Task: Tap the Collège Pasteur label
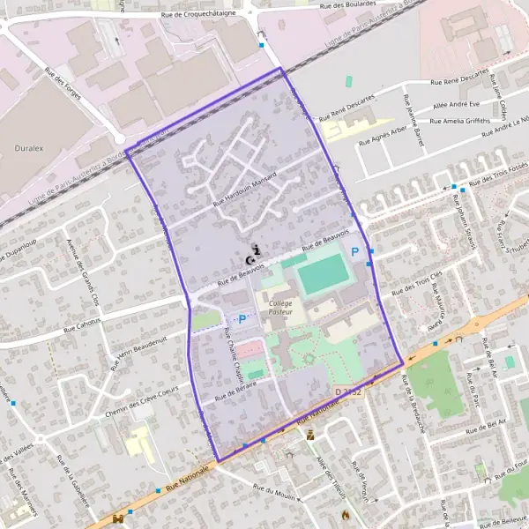click(280, 308)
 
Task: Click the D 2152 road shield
click(348, 391)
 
